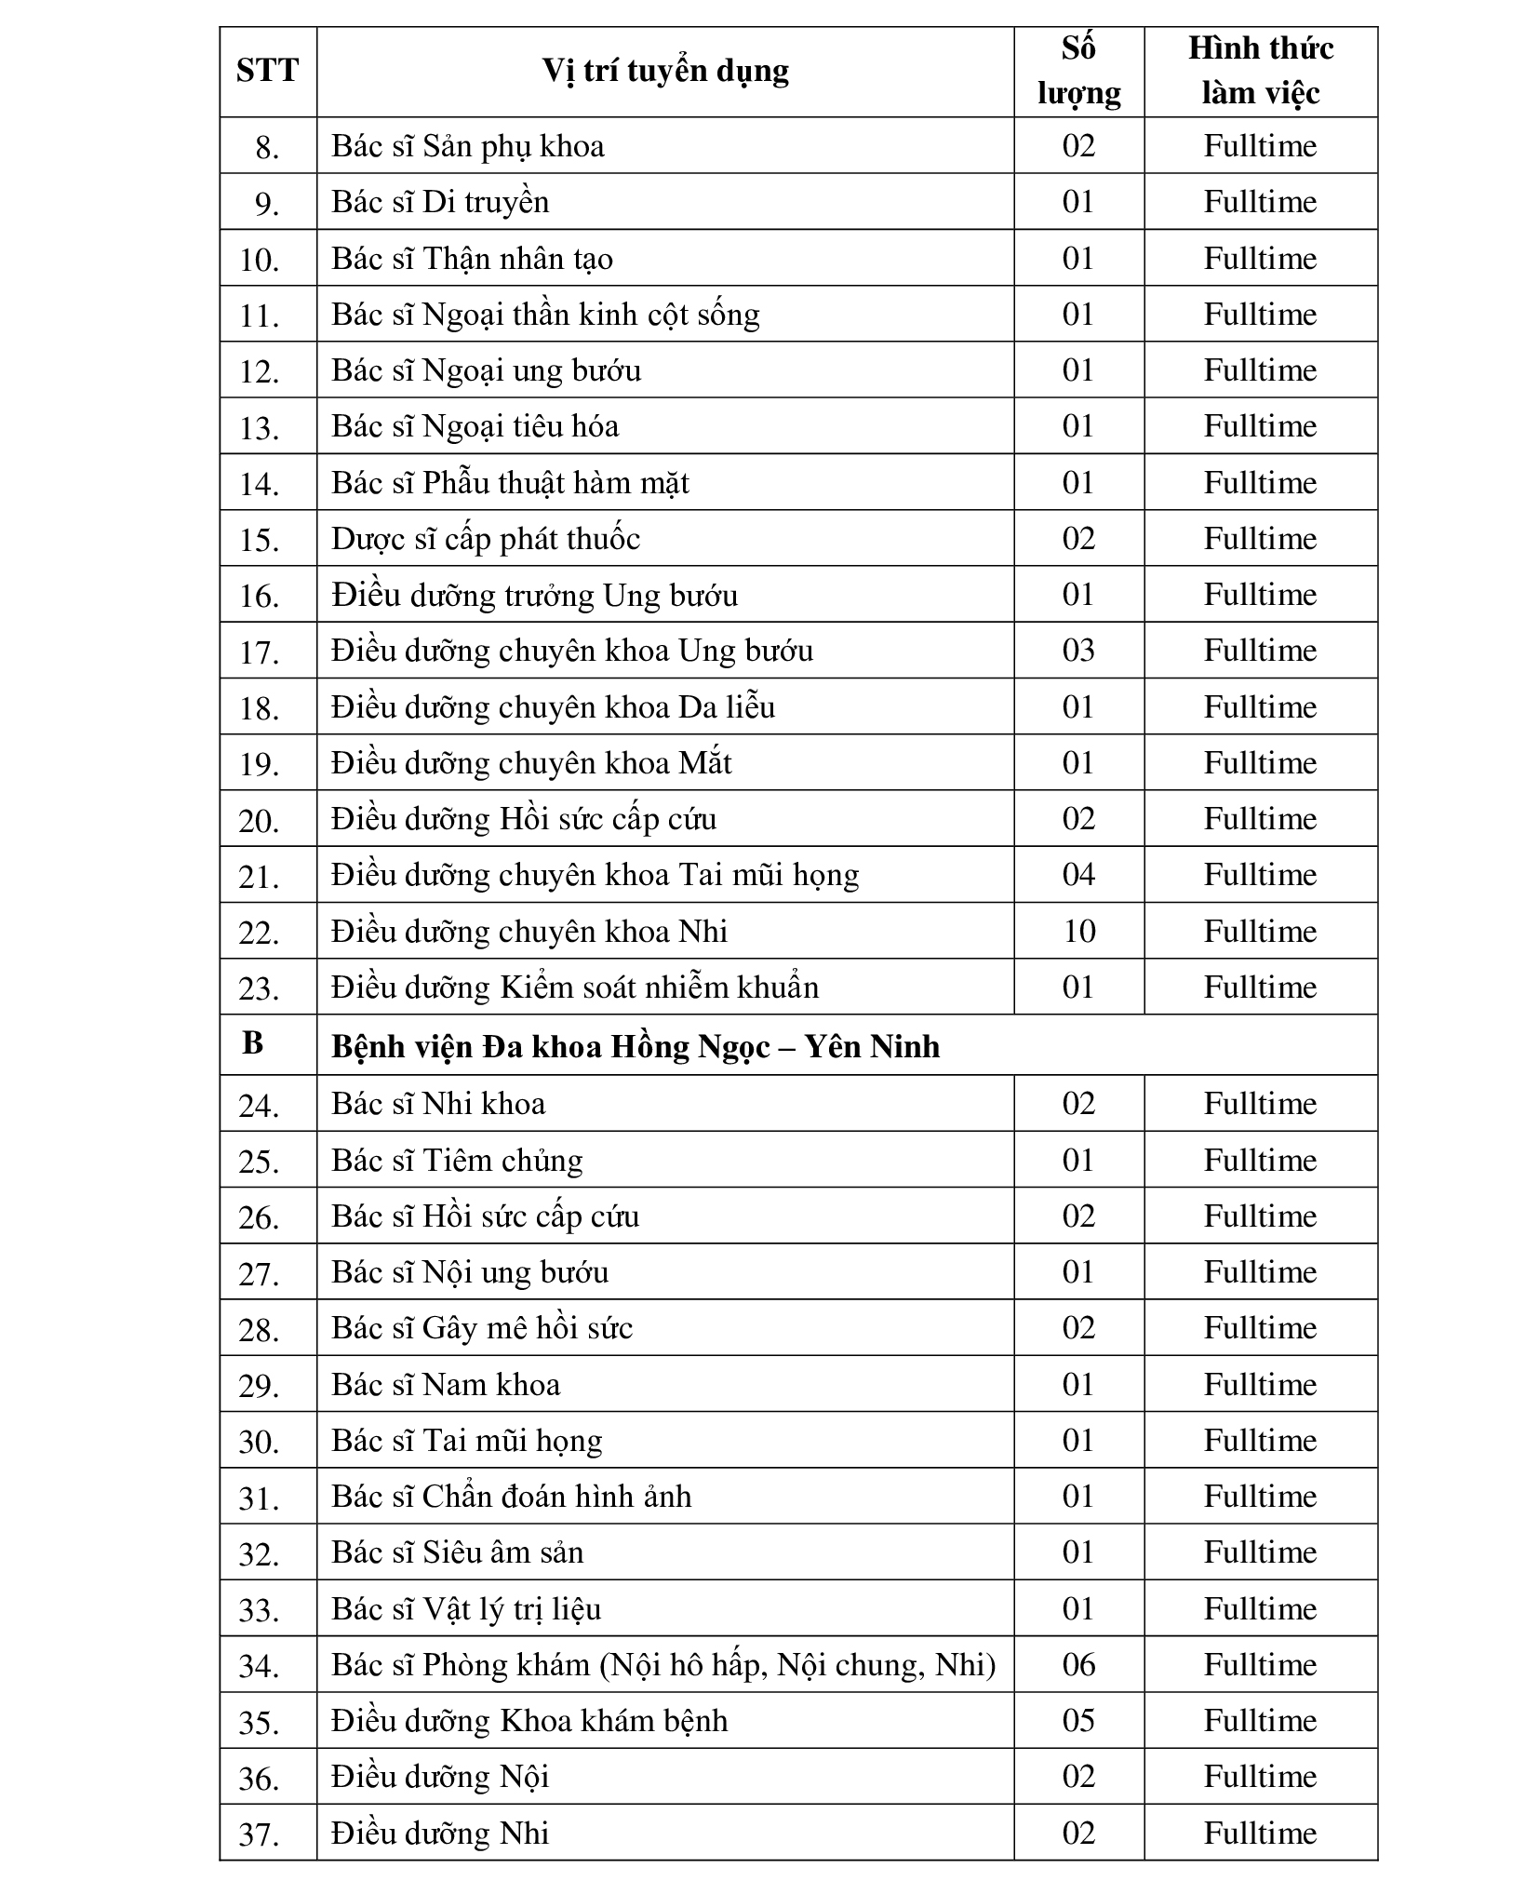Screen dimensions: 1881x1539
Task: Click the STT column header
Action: [267, 71]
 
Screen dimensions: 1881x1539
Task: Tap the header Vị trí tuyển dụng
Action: [664, 71]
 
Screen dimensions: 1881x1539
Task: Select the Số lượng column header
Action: [1078, 71]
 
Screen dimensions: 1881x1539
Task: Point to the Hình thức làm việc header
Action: [1260, 71]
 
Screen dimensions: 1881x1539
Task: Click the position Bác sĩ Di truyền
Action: [440, 202]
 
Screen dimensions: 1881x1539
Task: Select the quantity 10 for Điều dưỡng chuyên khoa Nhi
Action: [1078, 931]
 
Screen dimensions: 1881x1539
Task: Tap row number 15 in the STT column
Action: [260, 540]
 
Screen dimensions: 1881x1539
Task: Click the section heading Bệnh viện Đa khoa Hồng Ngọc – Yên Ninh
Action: [636, 1046]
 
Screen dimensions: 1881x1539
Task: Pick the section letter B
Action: [252, 1043]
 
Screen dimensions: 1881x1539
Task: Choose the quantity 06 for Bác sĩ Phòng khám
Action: [1078, 1664]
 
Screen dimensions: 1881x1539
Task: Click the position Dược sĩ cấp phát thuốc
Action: [486, 539]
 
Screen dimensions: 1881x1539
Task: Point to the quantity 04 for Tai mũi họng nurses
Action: [1078, 875]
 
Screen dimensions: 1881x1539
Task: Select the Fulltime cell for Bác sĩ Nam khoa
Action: [1260, 1384]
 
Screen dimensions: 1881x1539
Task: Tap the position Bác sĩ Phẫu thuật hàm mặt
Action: [510, 483]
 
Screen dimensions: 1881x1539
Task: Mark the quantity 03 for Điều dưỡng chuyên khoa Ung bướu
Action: [1078, 651]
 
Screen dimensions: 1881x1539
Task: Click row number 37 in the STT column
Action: [260, 1834]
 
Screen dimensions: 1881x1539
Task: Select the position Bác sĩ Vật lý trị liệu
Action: [466, 1608]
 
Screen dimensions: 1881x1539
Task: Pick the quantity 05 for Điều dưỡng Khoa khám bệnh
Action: [1078, 1720]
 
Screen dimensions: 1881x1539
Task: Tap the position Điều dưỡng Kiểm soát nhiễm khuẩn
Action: [575, 987]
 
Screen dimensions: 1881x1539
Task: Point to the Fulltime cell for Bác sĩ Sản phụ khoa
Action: [1260, 146]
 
